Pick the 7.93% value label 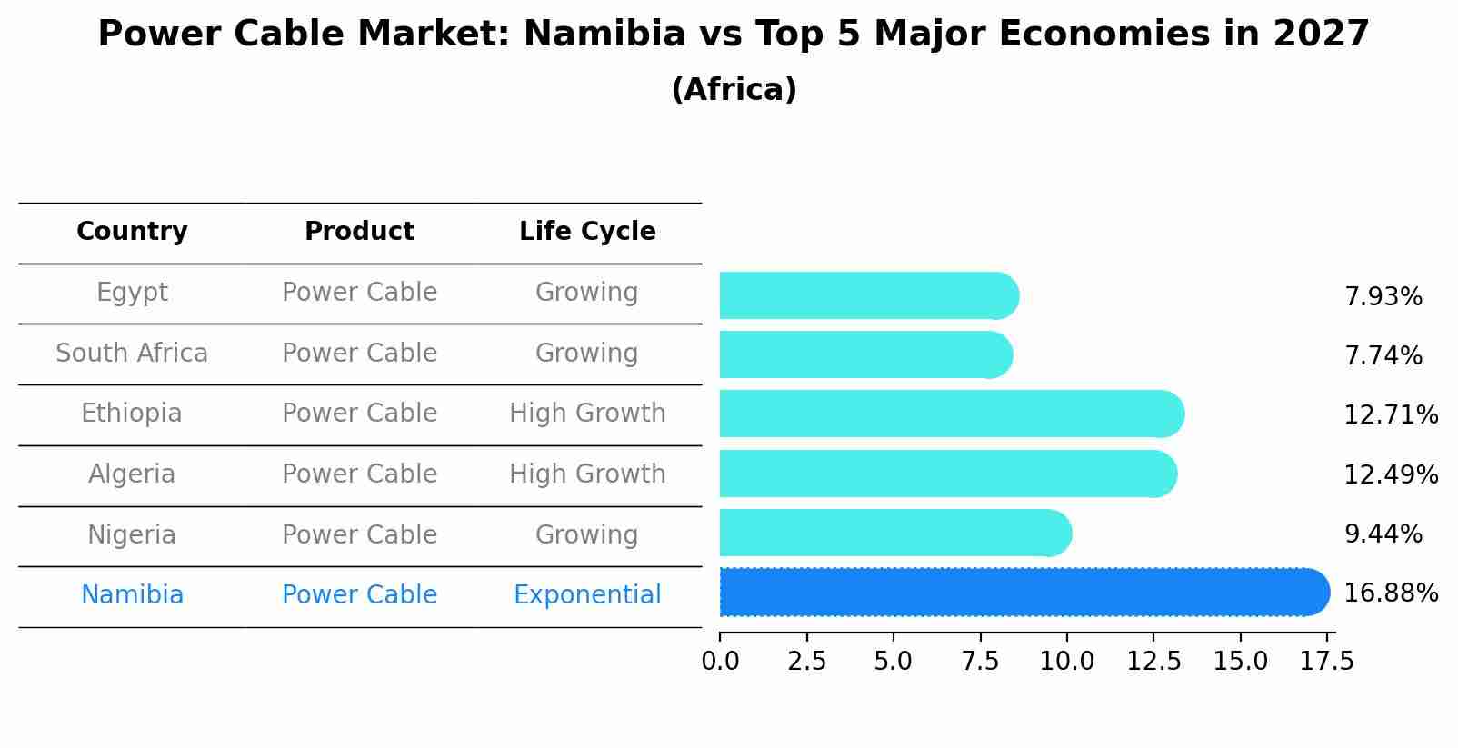[x=1383, y=297]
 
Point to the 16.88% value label [x=1390, y=593]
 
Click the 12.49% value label [x=1390, y=474]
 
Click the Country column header [x=132, y=232]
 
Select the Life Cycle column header [x=587, y=232]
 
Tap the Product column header [x=359, y=232]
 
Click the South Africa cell [x=132, y=353]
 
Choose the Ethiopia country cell [x=132, y=414]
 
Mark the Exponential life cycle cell [x=587, y=595]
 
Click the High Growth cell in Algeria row [x=587, y=474]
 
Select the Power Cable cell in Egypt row [x=359, y=293]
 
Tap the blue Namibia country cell [x=132, y=595]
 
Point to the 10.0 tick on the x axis [x=1066, y=662]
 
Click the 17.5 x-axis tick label [x=1326, y=662]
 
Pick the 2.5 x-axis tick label [x=806, y=662]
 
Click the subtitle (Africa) [x=734, y=90]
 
